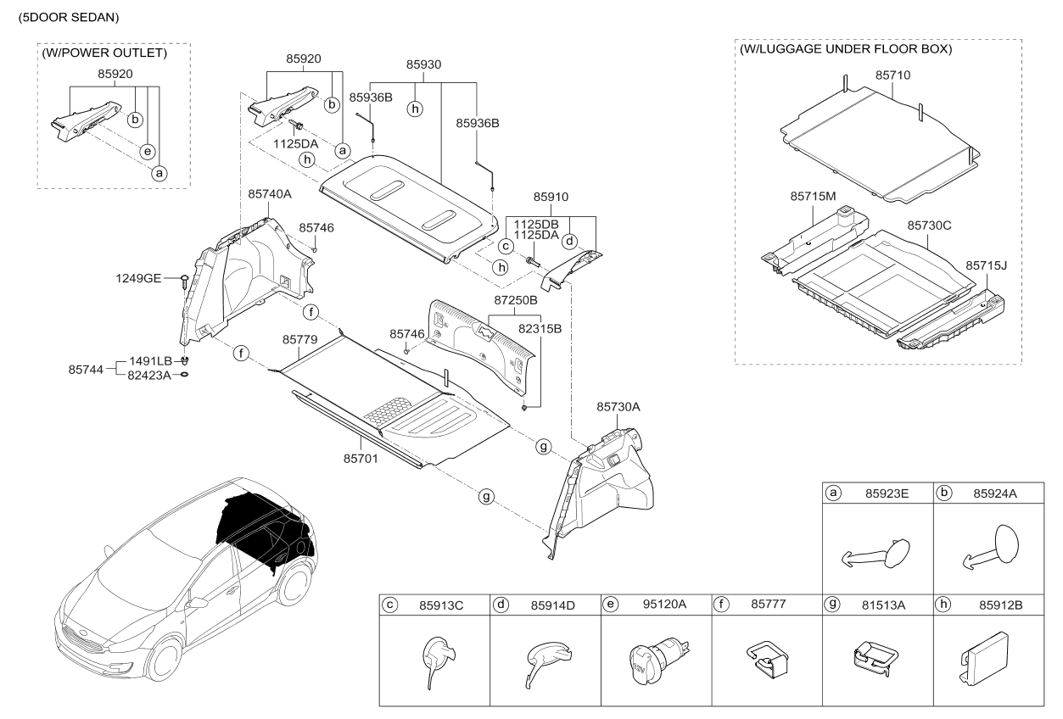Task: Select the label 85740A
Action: tap(270, 194)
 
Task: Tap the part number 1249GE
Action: tap(139, 278)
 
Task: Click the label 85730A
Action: tap(618, 407)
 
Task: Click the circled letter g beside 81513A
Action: tap(834, 605)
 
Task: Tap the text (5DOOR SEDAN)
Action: tap(64, 17)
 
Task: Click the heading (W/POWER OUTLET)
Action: tap(104, 53)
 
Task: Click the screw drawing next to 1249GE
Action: tap(184, 281)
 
